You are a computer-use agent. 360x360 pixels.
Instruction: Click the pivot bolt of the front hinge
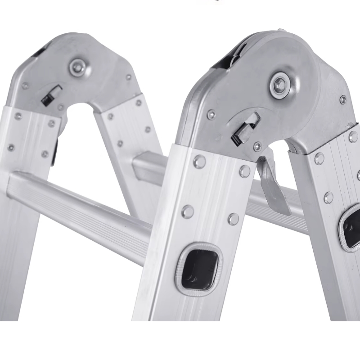(x=280, y=84)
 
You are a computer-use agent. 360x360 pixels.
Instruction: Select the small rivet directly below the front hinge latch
(x=257, y=146)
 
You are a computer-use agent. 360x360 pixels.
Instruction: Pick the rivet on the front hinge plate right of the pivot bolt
(x=343, y=99)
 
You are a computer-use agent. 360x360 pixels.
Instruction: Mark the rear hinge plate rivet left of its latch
(x=26, y=85)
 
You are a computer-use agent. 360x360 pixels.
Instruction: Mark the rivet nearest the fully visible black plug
(x=233, y=219)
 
